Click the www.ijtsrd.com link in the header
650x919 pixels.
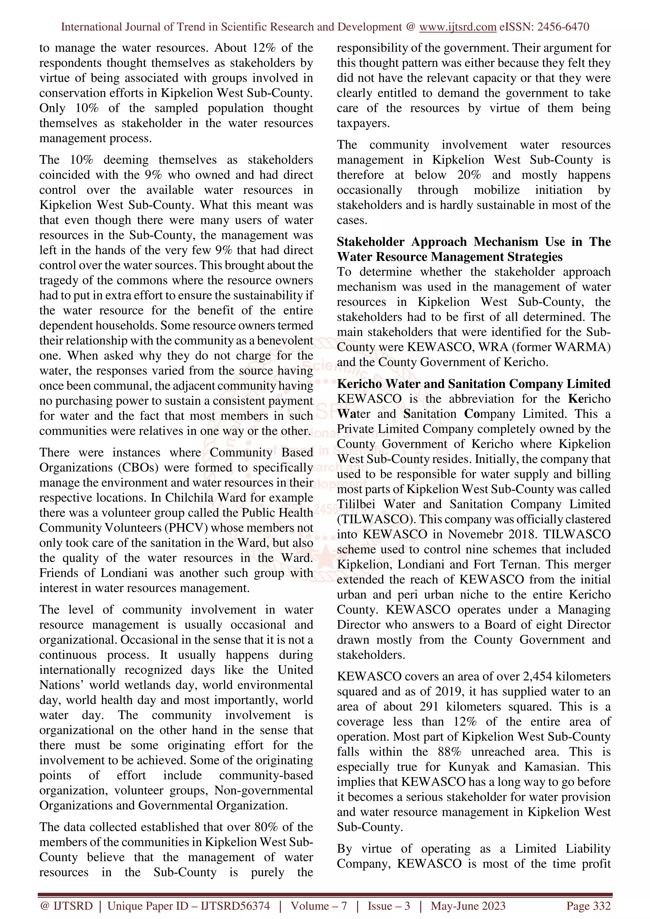457,27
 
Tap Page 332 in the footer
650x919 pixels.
588,905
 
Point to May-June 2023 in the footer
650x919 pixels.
468,905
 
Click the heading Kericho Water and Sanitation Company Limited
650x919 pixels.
474,383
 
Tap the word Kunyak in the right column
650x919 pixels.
468,766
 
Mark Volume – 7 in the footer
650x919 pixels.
318,905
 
